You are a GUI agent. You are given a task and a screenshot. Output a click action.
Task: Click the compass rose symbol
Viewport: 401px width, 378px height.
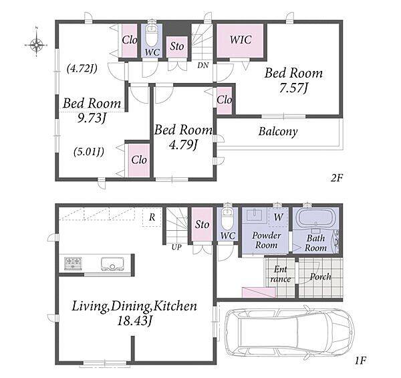pyautogui.click(x=37, y=45)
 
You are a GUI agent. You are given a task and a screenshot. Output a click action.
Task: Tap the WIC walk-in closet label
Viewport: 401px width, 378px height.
pyautogui.click(x=241, y=39)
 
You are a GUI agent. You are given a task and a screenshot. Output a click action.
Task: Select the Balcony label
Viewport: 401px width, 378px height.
pyautogui.click(x=278, y=132)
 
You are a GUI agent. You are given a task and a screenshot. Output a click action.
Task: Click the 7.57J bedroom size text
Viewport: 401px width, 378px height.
pyautogui.click(x=293, y=88)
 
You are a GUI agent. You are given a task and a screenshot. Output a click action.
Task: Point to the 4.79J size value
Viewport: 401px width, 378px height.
pyautogui.click(x=183, y=145)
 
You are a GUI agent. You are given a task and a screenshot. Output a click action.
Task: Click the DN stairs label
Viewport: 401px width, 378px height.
pyautogui.click(x=203, y=66)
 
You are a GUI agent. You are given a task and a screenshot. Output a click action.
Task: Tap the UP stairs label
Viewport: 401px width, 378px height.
pyautogui.click(x=176, y=247)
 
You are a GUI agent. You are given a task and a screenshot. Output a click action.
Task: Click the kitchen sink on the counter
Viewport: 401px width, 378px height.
pyautogui.click(x=112, y=264)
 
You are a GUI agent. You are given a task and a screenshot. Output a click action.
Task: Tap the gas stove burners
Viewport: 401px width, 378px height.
pyautogui.click(x=73, y=264)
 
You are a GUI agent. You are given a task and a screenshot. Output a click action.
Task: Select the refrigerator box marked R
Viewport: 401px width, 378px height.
pyautogui.click(x=152, y=217)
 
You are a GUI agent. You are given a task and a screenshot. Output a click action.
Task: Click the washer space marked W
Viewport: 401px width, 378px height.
pyautogui.click(x=278, y=217)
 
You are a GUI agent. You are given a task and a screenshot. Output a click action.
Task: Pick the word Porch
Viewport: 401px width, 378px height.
pyautogui.click(x=320, y=277)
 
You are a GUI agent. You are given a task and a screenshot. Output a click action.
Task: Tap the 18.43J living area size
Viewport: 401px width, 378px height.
pyautogui.click(x=135, y=321)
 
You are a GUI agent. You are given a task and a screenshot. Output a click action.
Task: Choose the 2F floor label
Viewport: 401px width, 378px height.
pyautogui.click(x=336, y=177)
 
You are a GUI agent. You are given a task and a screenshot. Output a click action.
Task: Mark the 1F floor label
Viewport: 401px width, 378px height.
pyautogui.click(x=360, y=361)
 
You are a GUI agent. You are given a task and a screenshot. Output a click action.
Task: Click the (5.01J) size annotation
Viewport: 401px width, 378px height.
pyautogui.click(x=89, y=152)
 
